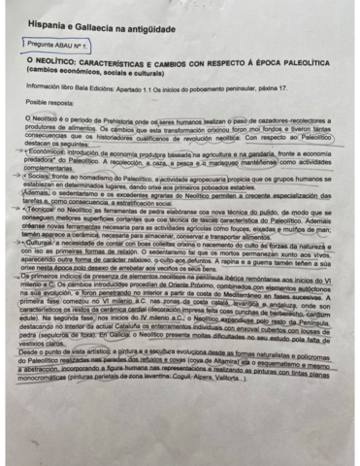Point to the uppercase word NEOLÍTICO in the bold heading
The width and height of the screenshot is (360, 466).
(x=59, y=60)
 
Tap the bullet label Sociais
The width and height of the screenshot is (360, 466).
(x=42, y=180)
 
